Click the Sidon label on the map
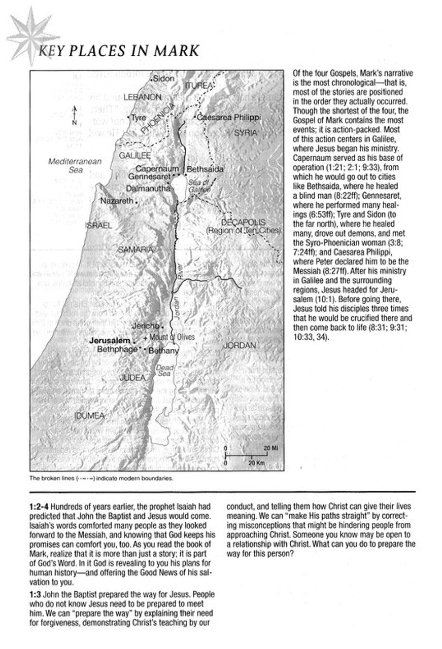pyautogui.click(x=163, y=79)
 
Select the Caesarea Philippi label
pyautogui.click(x=228, y=117)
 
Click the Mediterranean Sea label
pyautogui.click(x=75, y=166)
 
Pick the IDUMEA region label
pyautogui.click(x=89, y=416)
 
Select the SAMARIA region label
pyautogui.click(x=135, y=249)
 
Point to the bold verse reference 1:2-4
pyautogui.click(x=40, y=507)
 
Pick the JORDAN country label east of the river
pyautogui.click(x=239, y=345)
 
